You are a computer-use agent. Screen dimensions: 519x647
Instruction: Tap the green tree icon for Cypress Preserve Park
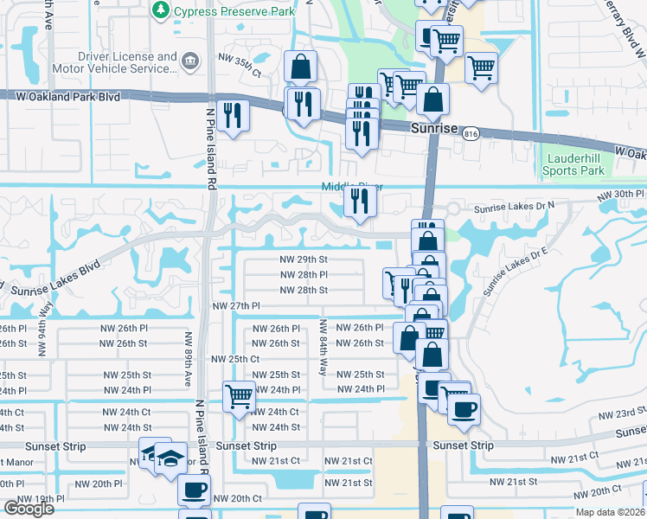point(160,10)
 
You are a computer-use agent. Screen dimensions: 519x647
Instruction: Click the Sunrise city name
point(434,128)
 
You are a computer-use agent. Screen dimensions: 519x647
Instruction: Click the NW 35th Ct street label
point(240,60)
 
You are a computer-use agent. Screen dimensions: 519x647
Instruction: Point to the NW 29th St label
point(303,259)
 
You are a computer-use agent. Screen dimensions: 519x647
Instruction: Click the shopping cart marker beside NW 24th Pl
point(239,397)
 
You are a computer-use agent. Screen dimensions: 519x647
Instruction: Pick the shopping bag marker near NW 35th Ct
point(300,67)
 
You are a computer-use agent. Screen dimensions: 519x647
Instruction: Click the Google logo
point(29,509)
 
